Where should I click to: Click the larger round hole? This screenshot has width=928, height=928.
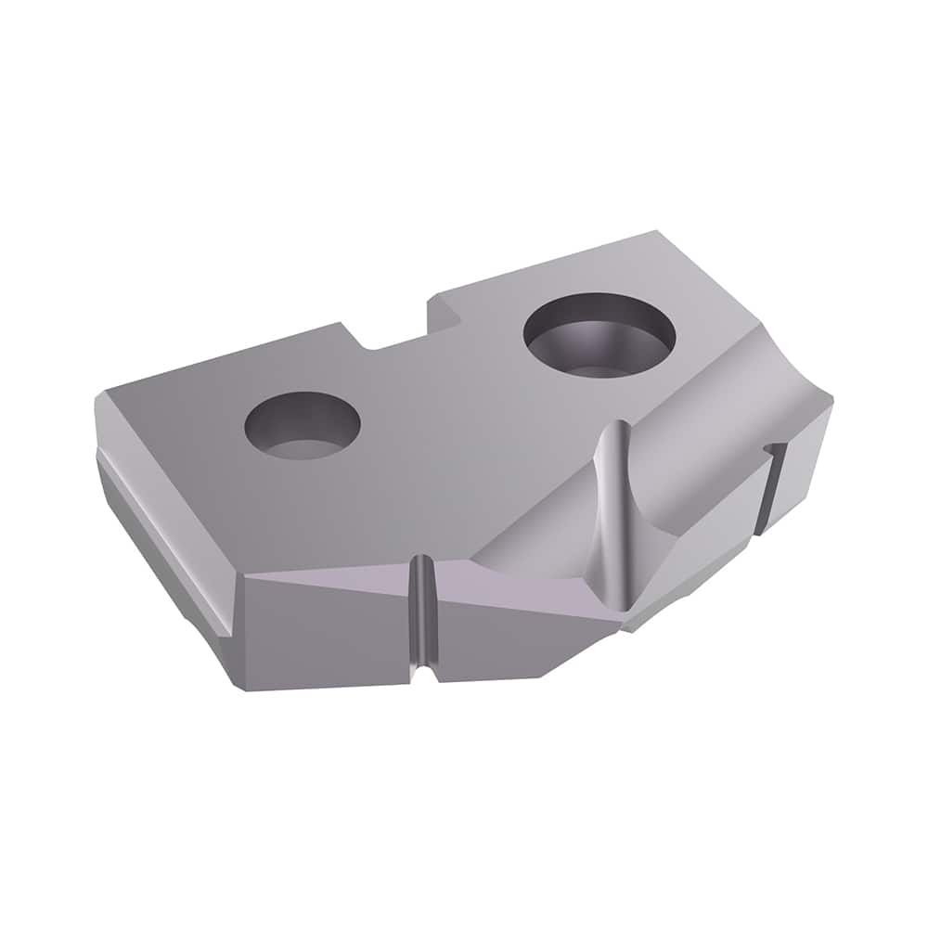tap(599, 335)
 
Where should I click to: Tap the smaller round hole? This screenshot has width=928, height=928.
tap(302, 426)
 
